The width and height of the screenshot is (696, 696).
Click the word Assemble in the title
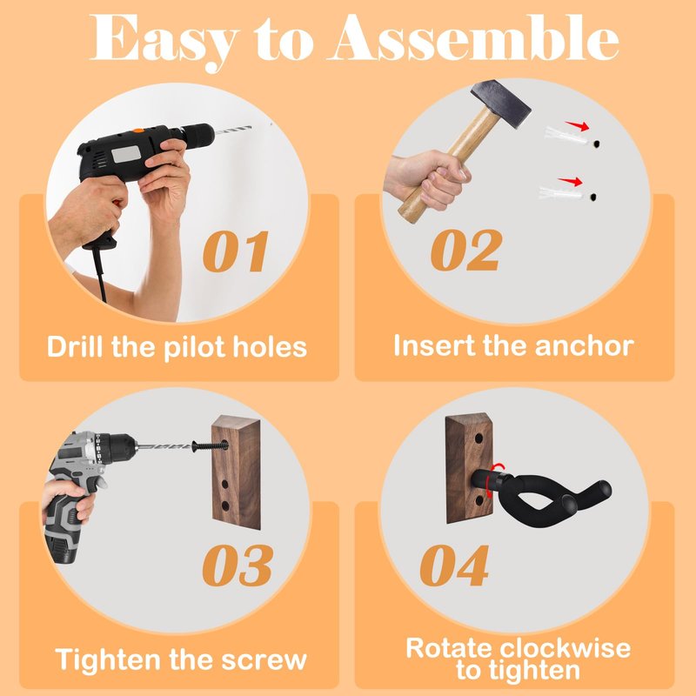click(x=473, y=37)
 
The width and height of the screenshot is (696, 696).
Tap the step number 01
click(x=236, y=251)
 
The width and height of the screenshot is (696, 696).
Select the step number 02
click(x=466, y=250)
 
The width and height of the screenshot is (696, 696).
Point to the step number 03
click(x=237, y=565)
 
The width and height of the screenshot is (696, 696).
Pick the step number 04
click(x=454, y=565)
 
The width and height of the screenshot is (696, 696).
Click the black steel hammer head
click(x=501, y=103)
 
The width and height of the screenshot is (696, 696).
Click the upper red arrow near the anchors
click(x=577, y=125)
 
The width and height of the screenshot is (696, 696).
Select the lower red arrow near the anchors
click(x=571, y=181)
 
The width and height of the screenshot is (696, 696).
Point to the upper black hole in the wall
click(x=596, y=144)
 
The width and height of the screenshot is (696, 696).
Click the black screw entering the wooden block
click(x=210, y=445)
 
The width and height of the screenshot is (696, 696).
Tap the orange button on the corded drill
click(x=138, y=130)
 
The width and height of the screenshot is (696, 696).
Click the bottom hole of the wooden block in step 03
click(x=224, y=505)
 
